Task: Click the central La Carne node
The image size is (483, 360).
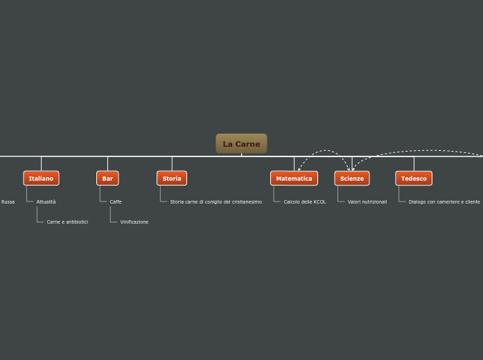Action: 241,144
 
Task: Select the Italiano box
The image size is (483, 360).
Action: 41,179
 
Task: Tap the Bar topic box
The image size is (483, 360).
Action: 107,179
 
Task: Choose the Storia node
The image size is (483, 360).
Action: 172,179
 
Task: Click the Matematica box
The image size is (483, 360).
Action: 294,179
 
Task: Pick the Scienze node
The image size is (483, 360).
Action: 352,179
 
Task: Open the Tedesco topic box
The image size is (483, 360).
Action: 414,179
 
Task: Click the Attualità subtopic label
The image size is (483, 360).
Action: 46,202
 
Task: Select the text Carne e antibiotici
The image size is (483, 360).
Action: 67,222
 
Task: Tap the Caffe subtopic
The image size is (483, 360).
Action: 116,202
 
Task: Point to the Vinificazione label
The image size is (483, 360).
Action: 134,222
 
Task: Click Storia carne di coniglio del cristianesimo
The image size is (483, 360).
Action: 216,202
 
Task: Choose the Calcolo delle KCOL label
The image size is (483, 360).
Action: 304,202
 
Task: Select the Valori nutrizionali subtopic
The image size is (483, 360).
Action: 367,202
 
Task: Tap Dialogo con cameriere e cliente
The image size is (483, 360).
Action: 444,202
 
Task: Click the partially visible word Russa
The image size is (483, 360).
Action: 8,202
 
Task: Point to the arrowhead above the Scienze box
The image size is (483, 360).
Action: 352,168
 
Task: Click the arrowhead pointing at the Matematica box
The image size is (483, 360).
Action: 299,168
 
